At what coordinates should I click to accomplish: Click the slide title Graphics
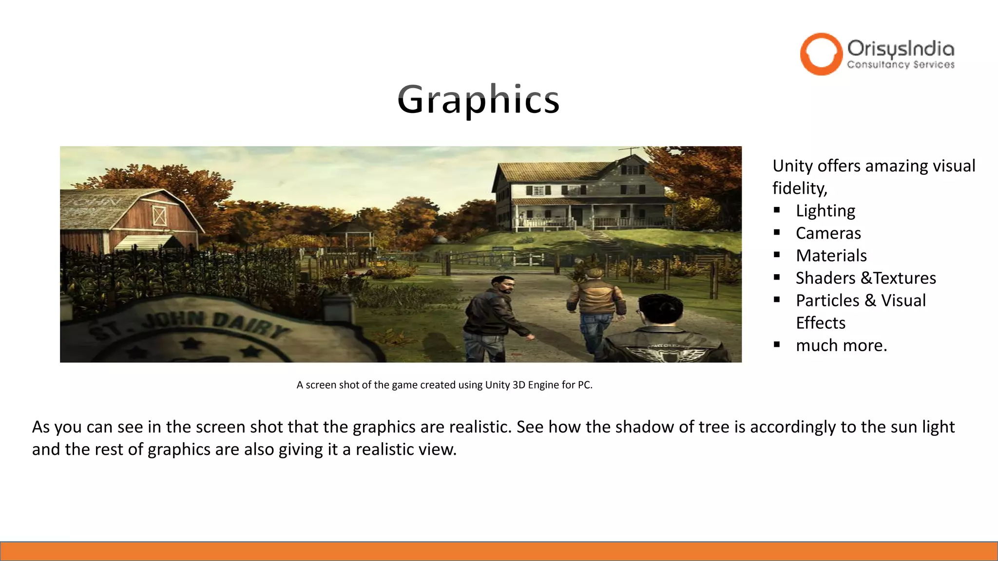coord(478,100)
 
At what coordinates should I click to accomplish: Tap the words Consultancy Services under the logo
coord(901,65)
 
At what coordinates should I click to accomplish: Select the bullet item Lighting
coord(825,211)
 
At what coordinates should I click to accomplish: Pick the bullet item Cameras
coord(828,233)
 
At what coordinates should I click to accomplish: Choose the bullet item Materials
coord(831,256)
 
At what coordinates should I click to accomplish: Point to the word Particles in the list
coord(827,300)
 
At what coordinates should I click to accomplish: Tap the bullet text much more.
coord(841,345)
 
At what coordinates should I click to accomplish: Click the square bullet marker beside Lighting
coord(777,210)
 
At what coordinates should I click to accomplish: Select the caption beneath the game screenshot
coord(444,385)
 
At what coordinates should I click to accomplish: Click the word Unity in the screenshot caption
coord(497,385)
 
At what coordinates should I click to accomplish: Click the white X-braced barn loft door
coord(160,216)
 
